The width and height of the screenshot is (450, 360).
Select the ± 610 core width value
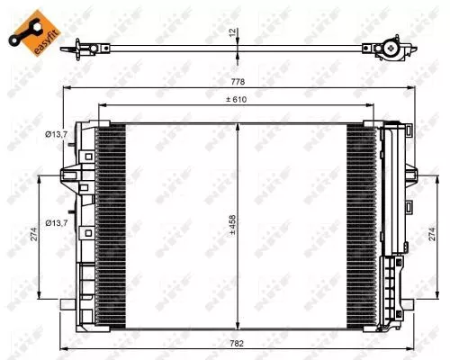coord(237,100)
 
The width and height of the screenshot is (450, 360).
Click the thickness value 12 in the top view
coord(232,32)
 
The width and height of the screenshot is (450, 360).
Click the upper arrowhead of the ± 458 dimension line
coord(237,125)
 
